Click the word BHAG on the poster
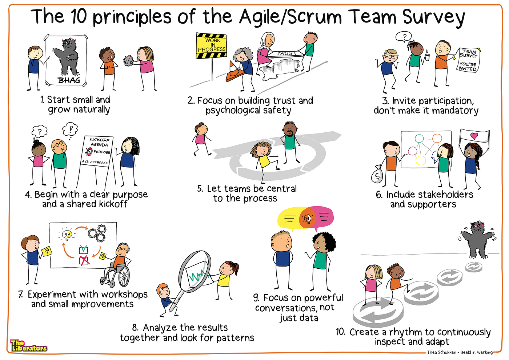coord(69,80)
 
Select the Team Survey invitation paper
coord(468,60)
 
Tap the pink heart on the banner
coord(474,136)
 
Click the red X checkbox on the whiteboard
coord(84,260)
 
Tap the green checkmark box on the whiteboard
coord(84,249)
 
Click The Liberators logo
coord(28,346)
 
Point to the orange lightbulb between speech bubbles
coord(308,218)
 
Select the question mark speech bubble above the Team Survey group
coord(404,37)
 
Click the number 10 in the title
coord(79,17)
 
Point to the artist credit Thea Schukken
coord(441,352)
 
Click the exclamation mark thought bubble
coord(70,129)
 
